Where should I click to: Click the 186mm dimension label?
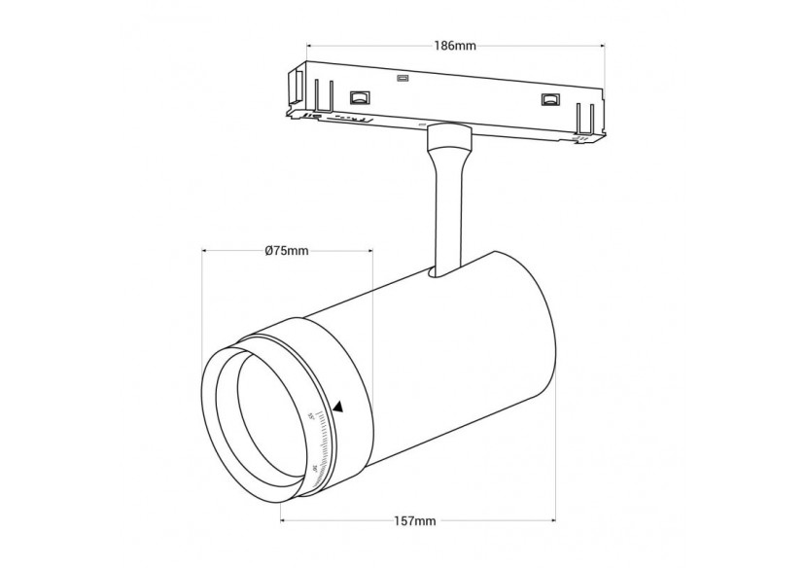pos(454,45)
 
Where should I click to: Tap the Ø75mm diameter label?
pos(286,251)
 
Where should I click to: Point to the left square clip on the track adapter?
pos(360,96)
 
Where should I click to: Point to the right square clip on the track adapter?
pos(550,99)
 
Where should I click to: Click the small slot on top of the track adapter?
pos(403,78)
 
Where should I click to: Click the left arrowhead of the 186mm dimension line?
pos(310,45)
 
